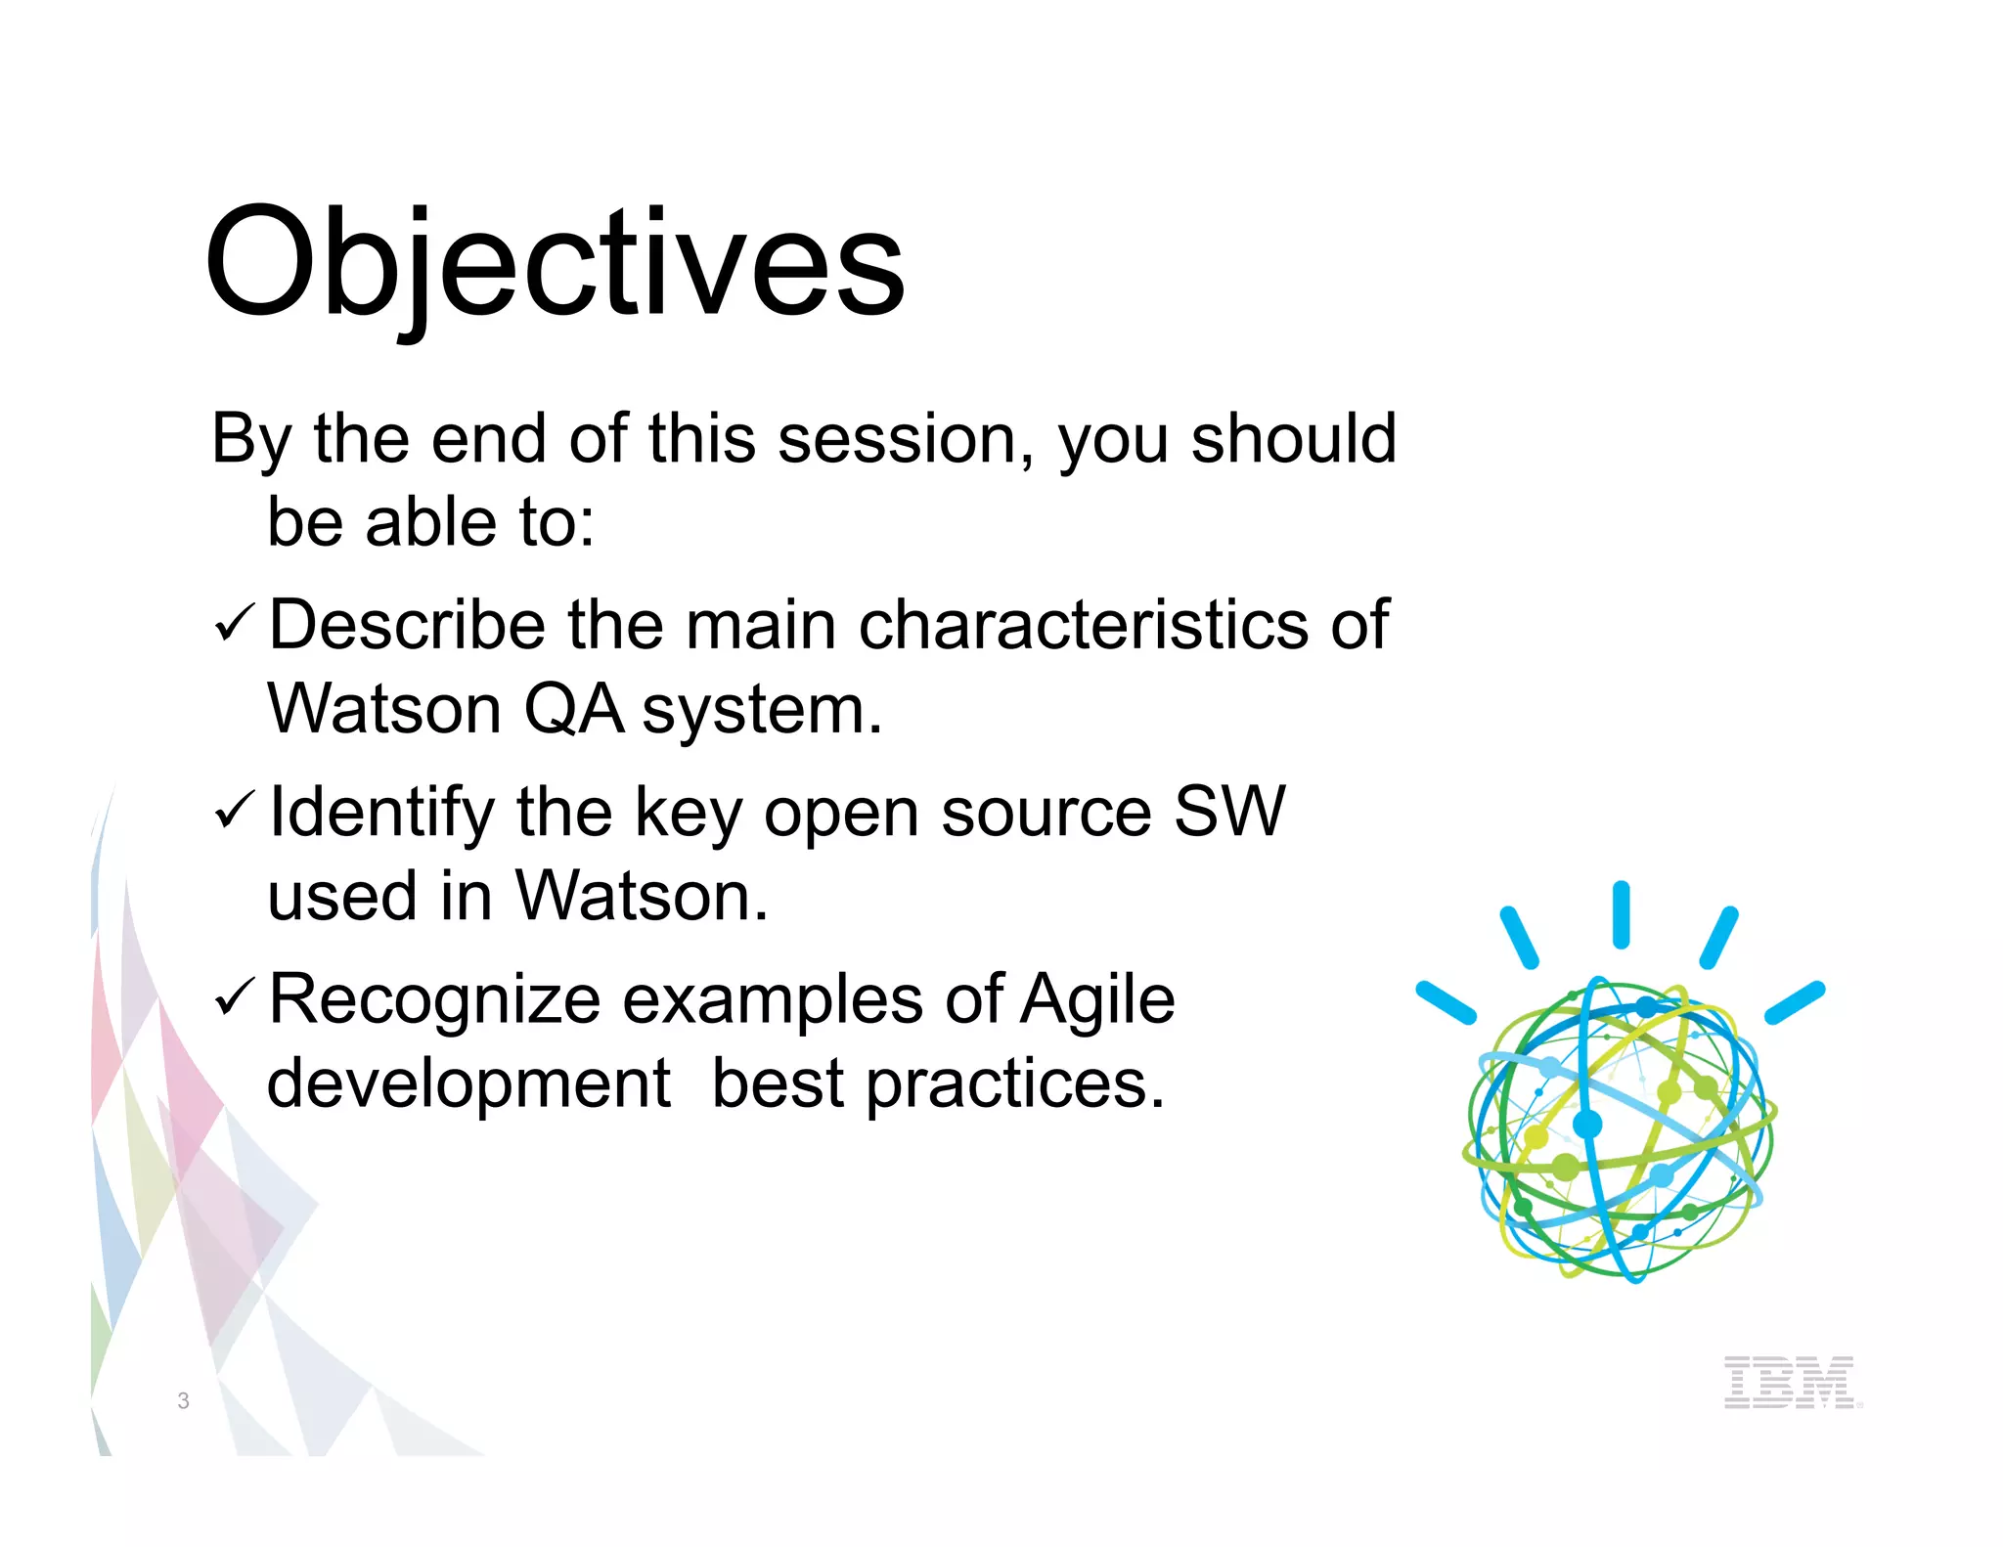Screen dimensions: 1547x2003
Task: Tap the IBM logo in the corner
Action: [x=1789, y=1381]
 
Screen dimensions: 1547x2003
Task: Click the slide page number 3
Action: [x=183, y=1400]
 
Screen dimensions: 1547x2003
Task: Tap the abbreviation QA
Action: [x=573, y=709]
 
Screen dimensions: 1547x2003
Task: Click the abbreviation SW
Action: [x=1228, y=812]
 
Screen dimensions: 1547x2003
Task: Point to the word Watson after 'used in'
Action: [x=641, y=896]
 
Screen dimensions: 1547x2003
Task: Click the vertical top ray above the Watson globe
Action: [x=1621, y=914]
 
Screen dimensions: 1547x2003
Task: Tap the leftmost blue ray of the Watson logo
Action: [x=1446, y=1002]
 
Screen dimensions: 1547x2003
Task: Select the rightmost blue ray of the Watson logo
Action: [x=1795, y=1002]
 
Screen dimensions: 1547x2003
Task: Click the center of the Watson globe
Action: [x=1619, y=1129]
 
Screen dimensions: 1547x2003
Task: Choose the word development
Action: [x=469, y=1084]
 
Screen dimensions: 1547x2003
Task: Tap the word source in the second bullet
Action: [x=1046, y=812]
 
